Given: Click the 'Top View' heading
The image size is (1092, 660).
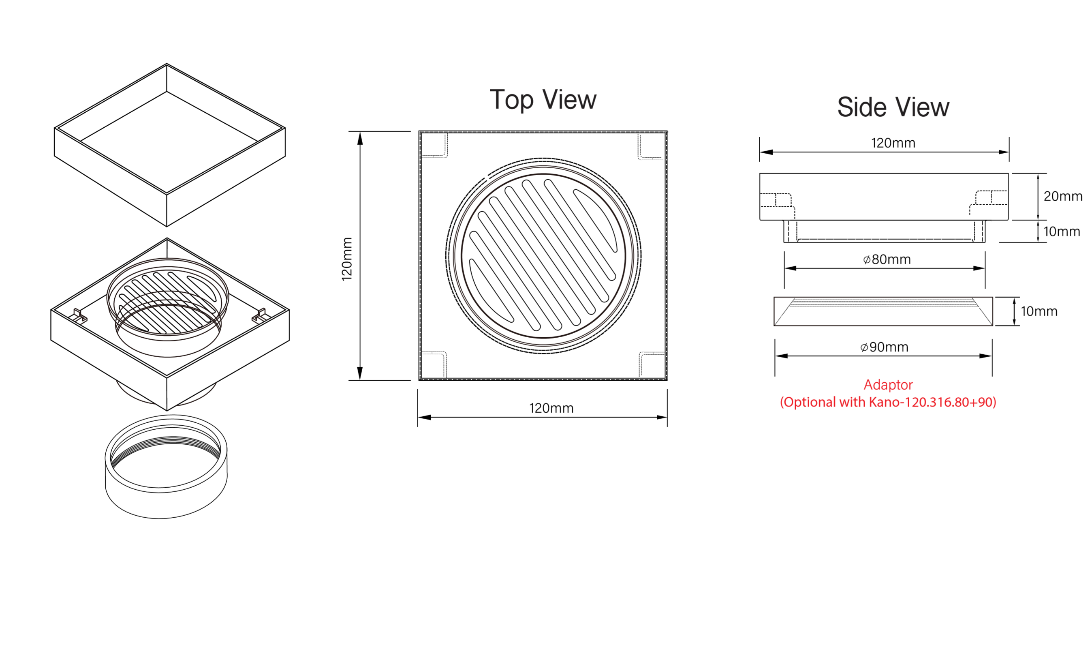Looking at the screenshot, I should click(x=543, y=100).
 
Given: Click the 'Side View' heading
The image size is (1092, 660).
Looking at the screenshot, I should click(x=893, y=107).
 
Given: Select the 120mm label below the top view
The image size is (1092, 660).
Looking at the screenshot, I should click(x=551, y=408).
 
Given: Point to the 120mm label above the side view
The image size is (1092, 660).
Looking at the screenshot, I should click(x=893, y=143).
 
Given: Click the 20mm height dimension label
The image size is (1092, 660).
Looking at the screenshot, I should click(x=1062, y=196).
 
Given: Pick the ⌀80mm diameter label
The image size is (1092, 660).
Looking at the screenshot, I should click(x=887, y=259).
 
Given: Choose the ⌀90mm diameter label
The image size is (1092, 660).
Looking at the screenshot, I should click(x=884, y=347).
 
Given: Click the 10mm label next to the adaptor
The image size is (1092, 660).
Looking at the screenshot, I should click(x=1039, y=311).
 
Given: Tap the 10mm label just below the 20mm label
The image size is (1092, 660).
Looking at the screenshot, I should click(x=1062, y=231).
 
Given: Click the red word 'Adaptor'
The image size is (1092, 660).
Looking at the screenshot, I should click(x=888, y=385).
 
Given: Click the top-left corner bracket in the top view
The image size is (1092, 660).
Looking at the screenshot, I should click(x=435, y=146).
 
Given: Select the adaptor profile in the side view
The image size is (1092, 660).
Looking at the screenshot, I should click(x=883, y=311).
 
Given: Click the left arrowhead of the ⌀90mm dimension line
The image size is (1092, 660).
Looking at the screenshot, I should click(x=781, y=356).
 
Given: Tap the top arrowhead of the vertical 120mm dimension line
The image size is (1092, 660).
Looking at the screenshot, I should click(x=360, y=138).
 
